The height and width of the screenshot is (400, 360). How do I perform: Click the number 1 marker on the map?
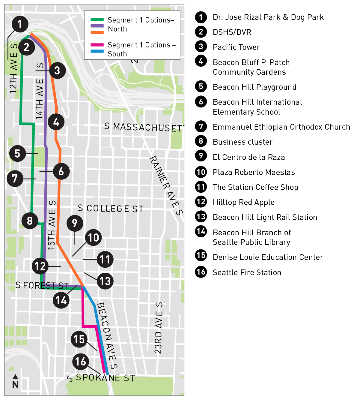[x=20, y=24]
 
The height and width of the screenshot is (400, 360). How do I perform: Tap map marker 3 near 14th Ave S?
[x=57, y=71]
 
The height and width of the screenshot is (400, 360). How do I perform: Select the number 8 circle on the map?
[x=30, y=221]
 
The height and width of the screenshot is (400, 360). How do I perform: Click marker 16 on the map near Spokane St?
[x=81, y=362]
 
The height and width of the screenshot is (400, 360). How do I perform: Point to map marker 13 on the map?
[x=105, y=281]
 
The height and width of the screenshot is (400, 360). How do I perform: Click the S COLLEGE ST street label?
[x=111, y=209]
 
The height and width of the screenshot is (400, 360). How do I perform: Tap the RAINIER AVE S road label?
[x=166, y=185]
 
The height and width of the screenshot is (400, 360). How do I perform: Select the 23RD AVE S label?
[x=158, y=328]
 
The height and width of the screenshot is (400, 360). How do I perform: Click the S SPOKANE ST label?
[x=101, y=378]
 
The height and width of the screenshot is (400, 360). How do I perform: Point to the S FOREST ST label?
[x=42, y=285]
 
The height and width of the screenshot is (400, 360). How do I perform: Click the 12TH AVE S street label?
[x=13, y=68]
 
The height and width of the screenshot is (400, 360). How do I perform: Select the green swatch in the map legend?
[x=97, y=20]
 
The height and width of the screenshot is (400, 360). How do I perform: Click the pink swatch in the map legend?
[x=97, y=45]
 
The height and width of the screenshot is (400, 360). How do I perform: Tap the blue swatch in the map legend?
[x=97, y=51]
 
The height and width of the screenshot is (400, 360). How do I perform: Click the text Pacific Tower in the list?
[x=236, y=47]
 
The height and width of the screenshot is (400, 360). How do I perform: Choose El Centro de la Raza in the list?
[x=248, y=157]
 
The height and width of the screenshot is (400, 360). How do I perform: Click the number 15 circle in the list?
[x=201, y=255]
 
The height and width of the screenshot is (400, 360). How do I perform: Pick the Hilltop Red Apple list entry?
[x=243, y=202]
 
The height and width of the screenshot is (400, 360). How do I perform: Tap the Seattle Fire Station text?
[x=247, y=272]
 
